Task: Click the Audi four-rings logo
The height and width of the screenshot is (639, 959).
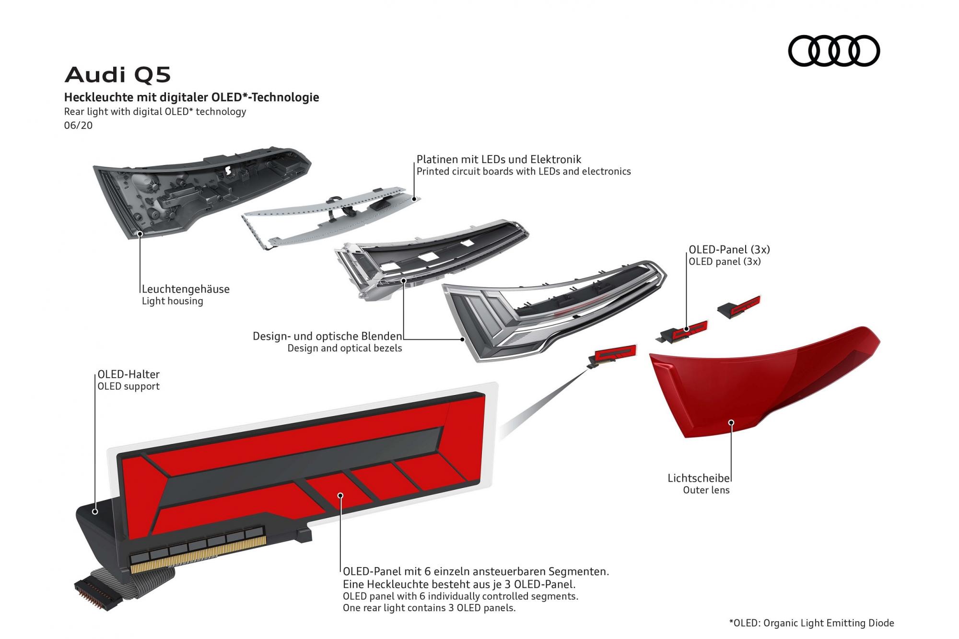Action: [x=834, y=50]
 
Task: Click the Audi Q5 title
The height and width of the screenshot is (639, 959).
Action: [x=117, y=75]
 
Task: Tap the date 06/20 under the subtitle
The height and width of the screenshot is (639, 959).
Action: [x=78, y=126]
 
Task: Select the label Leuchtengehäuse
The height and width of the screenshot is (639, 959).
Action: [x=186, y=289]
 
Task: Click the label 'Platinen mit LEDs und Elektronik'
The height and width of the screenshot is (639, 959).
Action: [x=499, y=159]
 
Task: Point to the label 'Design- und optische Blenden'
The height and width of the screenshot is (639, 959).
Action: [x=327, y=336]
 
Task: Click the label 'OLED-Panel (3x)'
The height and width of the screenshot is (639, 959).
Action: [x=729, y=249]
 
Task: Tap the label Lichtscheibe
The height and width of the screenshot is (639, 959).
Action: [x=699, y=478]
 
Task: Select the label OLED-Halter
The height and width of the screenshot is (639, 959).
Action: [x=129, y=374]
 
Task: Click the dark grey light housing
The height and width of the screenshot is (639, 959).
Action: [x=201, y=192]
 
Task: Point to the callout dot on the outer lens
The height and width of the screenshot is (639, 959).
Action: [x=731, y=422]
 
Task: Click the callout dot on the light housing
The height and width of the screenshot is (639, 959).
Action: [x=140, y=234]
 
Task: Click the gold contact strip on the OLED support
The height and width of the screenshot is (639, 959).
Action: [x=197, y=556]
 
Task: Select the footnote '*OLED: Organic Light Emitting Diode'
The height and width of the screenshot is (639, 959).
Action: [x=811, y=623]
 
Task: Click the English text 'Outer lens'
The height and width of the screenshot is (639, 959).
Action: [x=706, y=490]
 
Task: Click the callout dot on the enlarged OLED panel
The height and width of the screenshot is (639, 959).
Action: [x=340, y=495]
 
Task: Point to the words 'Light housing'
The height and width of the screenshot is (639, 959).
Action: [x=173, y=301]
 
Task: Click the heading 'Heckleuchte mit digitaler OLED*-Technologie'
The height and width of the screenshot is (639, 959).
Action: [x=192, y=97]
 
